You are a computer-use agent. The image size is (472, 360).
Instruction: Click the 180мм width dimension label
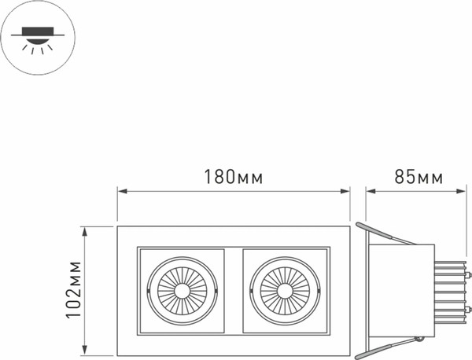pos(234,176)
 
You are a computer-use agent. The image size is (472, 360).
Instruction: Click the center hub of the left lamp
pos(183,290)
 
